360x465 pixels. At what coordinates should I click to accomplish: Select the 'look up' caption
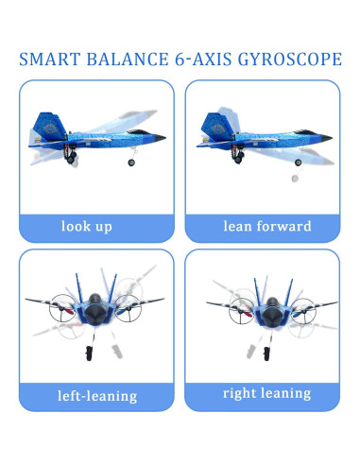coord(86,227)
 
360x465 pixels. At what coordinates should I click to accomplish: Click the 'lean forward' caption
coord(266,227)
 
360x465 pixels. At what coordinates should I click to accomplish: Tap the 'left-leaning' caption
coord(98,396)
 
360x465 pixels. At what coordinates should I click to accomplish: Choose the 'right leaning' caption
coord(266,393)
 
